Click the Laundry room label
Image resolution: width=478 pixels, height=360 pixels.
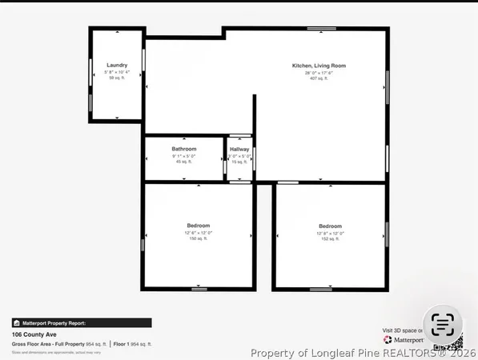click(x=117, y=65)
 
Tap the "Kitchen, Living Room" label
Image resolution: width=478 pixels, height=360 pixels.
click(x=319, y=66)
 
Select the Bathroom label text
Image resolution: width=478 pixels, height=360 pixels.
click(x=184, y=149)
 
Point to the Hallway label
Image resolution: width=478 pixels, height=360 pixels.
click(x=239, y=149)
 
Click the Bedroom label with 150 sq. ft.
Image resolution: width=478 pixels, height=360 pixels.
click(x=198, y=226)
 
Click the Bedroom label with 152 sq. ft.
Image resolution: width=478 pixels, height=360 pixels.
click(x=330, y=226)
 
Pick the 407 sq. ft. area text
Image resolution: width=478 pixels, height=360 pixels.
click(x=319, y=78)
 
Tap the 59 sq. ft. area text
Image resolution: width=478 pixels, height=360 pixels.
click(x=117, y=78)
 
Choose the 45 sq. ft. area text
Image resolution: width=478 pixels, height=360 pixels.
click(x=184, y=162)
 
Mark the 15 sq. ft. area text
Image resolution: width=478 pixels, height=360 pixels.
click(x=239, y=162)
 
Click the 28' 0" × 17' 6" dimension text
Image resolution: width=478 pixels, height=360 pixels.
click(x=319, y=72)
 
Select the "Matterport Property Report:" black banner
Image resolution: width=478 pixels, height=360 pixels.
click(x=82, y=323)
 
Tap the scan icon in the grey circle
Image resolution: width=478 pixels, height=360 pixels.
click(x=442, y=324)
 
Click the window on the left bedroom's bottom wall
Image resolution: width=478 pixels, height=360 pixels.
click(x=199, y=288)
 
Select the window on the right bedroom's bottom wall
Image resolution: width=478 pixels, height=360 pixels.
click(x=320, y=288)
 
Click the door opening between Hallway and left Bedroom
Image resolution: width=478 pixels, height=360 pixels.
click(x=238, y=182)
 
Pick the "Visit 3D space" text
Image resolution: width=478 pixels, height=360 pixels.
click(x=400, y=330)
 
